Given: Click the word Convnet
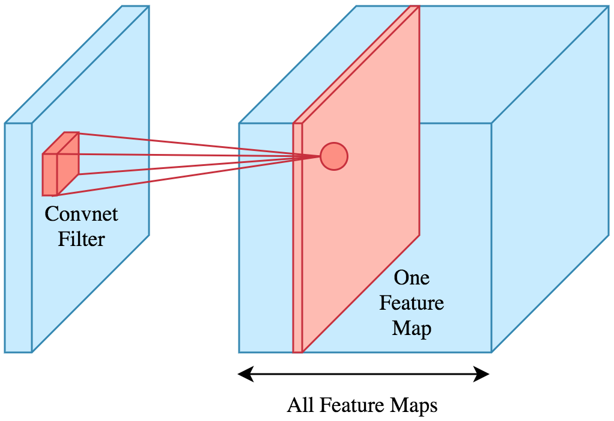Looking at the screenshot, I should click(x=81, y=214).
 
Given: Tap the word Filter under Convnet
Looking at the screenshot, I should click(x=81, y=239).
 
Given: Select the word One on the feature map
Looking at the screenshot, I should click(x=412, y=277).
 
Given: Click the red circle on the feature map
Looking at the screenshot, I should click(x=334, y=156).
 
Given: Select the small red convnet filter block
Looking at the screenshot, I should click(x=60, y=165).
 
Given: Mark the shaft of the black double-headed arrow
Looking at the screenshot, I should click(x=364, y=375).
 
